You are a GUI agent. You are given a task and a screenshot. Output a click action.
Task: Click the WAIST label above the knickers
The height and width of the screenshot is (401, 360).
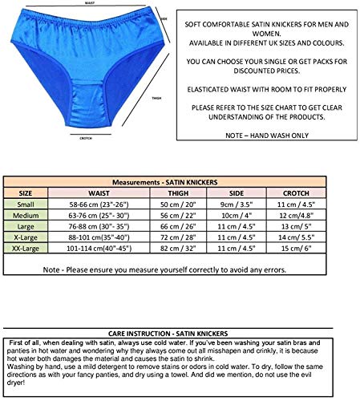click(90, 3)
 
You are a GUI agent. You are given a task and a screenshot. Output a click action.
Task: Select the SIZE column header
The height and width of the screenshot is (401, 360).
click(26, 193)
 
